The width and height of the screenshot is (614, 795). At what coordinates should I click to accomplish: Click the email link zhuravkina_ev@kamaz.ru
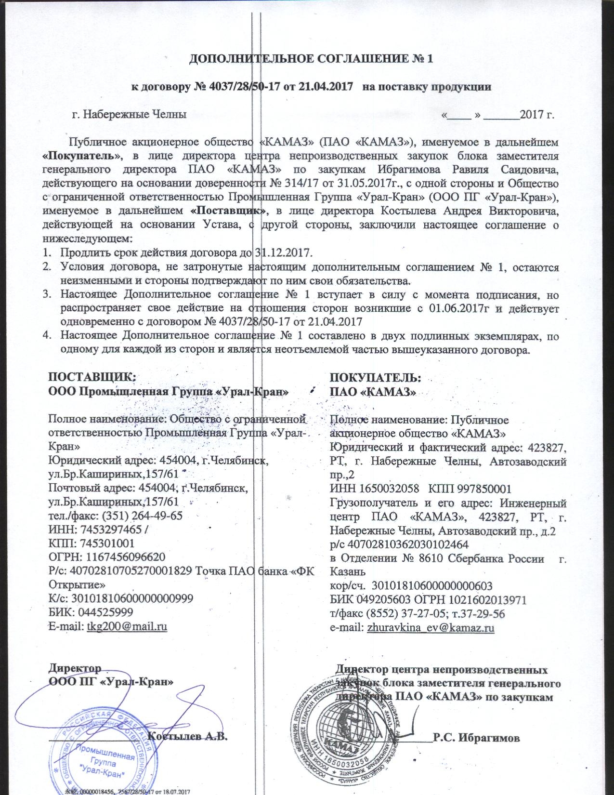tap(431, 628)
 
